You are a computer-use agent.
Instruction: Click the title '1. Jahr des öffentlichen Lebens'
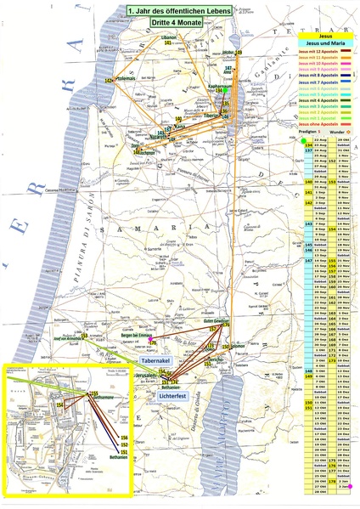(x=166, y=10)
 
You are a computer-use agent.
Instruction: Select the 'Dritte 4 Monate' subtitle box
(x=166, y=24)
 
